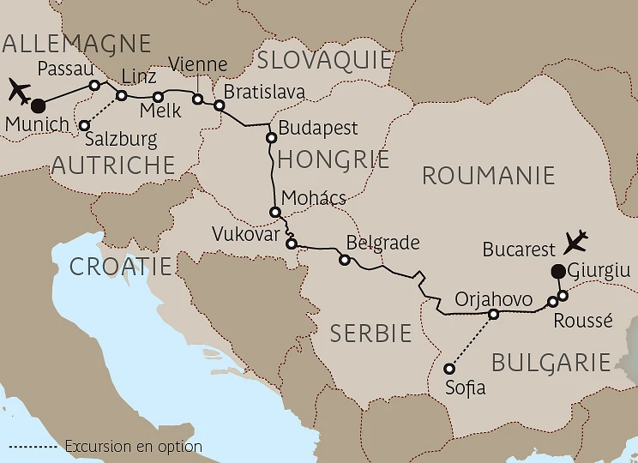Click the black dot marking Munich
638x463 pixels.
38,106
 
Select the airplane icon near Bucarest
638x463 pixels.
577,242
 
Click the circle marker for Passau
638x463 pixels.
95,85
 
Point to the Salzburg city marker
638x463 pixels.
84,126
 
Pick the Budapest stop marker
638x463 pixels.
271,137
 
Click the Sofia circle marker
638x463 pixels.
448,369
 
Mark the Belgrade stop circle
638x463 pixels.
344,260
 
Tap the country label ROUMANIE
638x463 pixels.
488,177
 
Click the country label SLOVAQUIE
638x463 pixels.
324,60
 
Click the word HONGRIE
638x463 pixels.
333,159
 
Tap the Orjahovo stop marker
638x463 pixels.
493,315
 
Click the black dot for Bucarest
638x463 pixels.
557,273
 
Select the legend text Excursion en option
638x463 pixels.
133,446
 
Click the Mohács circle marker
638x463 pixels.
275,212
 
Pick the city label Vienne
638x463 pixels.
199,65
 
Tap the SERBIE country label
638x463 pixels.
370,334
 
